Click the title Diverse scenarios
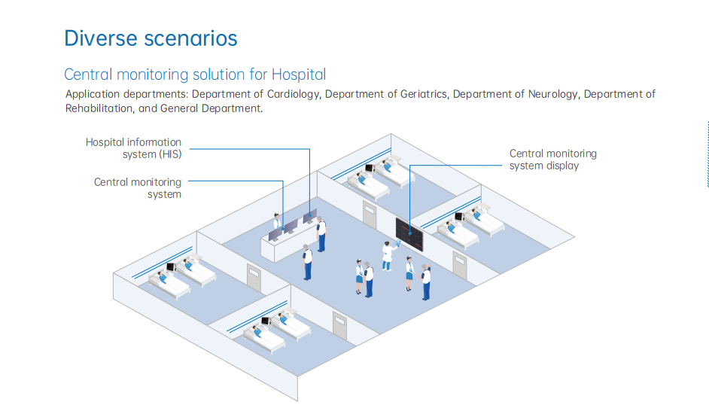(151, 38)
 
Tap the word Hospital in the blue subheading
(299, 75)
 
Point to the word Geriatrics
(418, 94)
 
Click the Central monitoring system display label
(552, 159)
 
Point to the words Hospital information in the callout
(133, 142)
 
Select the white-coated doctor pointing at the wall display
(388, 254)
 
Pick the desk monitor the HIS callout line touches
(309, 217)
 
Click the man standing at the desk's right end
(321, 233)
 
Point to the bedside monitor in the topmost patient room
(370, 168)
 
